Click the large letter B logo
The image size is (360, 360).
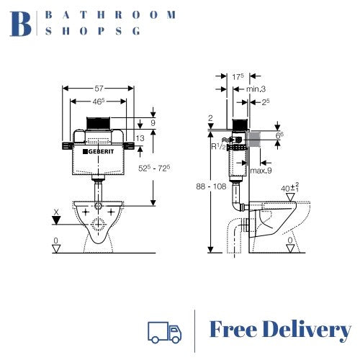coord(22,23)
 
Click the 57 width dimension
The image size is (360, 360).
coord(98,88)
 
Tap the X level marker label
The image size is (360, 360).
coord(56,212)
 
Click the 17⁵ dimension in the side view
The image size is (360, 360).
coord(238,77)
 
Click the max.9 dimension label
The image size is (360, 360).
coord(261,170)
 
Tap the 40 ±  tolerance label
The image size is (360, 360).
coord(290,189)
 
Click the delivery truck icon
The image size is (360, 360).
coord(163,331)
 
